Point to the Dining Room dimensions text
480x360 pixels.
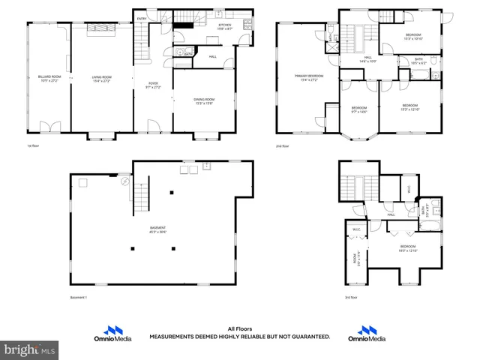tap(205, 103)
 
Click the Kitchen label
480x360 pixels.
tap(225, 26)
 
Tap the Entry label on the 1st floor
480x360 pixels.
tap(142, 19)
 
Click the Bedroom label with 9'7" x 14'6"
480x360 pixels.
tap(359, 109)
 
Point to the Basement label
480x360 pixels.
tap(157, 228)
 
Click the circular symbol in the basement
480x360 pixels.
tap(125, 181)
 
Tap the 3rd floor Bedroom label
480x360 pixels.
tap(408, 247)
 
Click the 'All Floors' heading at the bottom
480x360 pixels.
tap(239, 328)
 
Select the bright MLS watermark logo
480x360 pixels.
tap(30, 349)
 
